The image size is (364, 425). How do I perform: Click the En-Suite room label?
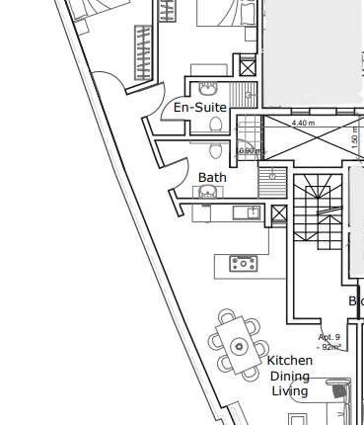pyautogui.click(x=200, y=107)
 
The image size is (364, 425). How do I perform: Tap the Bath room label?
pyautogui.click(x=212, y=178)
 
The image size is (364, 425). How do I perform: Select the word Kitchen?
pyautogui.click(x=290, y=361)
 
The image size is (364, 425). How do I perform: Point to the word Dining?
pyautogui.click(x=290, y=376)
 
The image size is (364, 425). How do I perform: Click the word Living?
pyautogui.click(x=290, y=390)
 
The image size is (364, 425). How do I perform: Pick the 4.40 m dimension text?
pyautogui.click(x=304, y=124)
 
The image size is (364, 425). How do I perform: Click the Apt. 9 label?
pyautogui.click(x=329, y=337)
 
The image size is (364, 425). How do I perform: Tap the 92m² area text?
pyautogui.click(x=329, y=347)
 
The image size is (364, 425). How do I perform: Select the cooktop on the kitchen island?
pyautogui.click(x=242, y=263)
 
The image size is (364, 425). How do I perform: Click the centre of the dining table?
pyautogui.click(x=239, y=346)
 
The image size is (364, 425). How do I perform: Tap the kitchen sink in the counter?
pyautogui.click(x=251, y=212)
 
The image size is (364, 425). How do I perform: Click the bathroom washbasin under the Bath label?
pyautogui.click(x=207, y=193)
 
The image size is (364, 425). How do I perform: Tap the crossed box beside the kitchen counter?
pyautogui.click(x=279, y=214)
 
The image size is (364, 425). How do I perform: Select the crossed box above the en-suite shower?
pyautogui.click(x=248, y=68)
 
